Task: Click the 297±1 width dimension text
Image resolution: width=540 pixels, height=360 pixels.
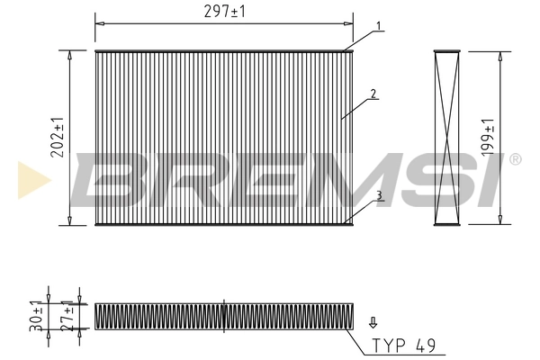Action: click(x=224, y=11)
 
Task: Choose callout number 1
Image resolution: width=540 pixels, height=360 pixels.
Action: click(x=380, y=25)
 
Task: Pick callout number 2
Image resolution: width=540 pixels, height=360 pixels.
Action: click(x=371, y=94)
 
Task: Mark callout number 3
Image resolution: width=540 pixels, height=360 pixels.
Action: click(x=380, y=194)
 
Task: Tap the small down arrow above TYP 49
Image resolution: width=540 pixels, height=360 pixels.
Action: click(x=373, y=319)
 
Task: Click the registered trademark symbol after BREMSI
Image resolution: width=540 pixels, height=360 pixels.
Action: click(x=515, y=159)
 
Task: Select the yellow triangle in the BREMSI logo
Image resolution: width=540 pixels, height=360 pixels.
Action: click(x=32, y=179)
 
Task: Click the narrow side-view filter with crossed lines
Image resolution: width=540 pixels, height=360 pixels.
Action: click(x=447, y=138)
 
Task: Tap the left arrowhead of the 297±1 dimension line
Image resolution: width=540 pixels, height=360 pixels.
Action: click(x=98, y=20)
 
